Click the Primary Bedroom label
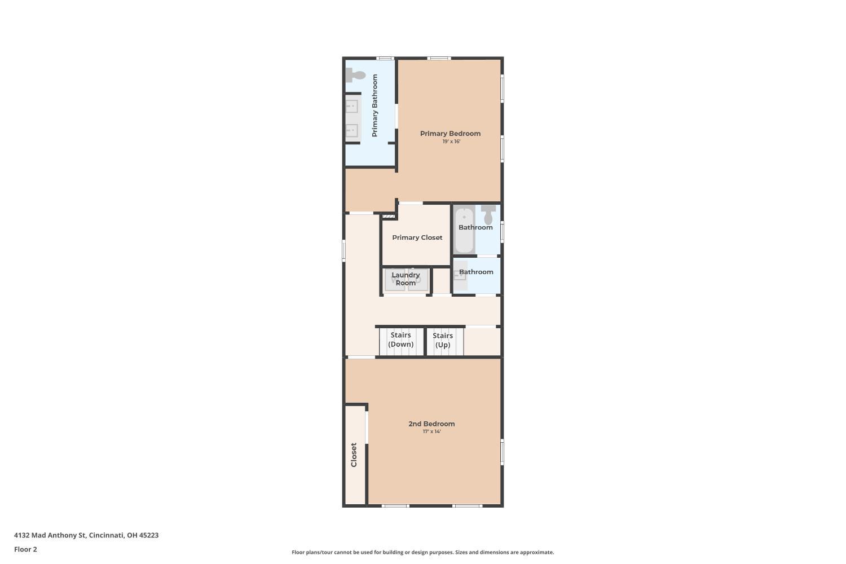point(450,133)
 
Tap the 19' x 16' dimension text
point(451,142)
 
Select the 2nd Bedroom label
point(431,424)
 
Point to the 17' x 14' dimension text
point(431,431)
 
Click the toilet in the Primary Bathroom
point(355,75)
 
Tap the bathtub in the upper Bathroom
point(464,230)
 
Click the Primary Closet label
point(417,237)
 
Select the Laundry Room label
point(406,279)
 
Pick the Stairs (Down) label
point(400,340)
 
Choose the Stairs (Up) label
point(443,340)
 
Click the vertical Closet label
point(354,455)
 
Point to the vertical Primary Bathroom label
point(374,105)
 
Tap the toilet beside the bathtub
point(488,215)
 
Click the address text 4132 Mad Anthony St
point(50,535)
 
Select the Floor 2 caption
point(26,549)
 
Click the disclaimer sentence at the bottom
point(422,552)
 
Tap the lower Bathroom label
point(476,272)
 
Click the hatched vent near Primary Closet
point(389,217)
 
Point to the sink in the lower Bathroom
point(460,275)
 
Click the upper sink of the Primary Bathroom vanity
point(351,106)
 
